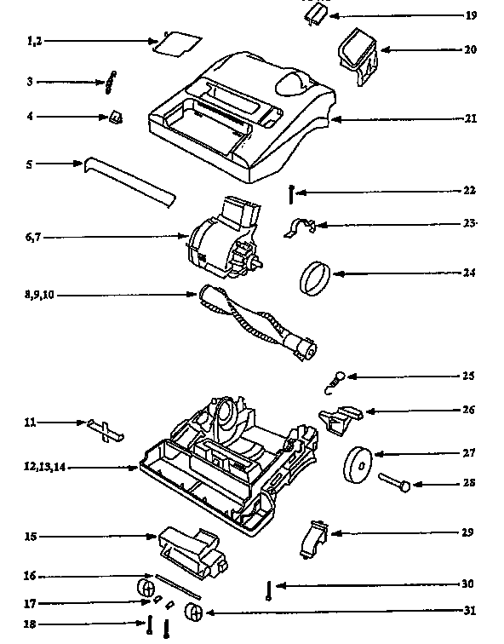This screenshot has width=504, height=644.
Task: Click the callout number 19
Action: (471, 16)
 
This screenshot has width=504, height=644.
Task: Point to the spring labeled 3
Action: (111, 83)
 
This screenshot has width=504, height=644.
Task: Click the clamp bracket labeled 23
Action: (300, 227)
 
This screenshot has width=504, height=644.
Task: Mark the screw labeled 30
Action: (268, 591)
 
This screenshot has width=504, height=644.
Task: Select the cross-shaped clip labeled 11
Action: (105, 428)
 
